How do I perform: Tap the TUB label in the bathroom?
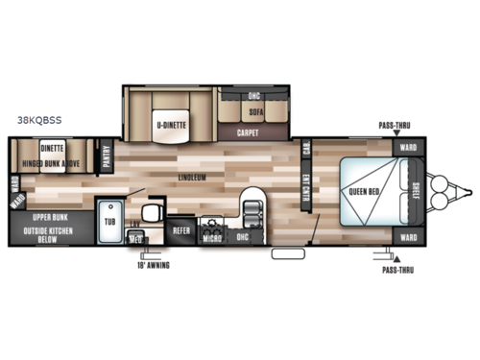tap(109, 220)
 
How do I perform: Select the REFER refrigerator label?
tap(180, 230)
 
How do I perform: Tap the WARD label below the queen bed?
tap(408, 236)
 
